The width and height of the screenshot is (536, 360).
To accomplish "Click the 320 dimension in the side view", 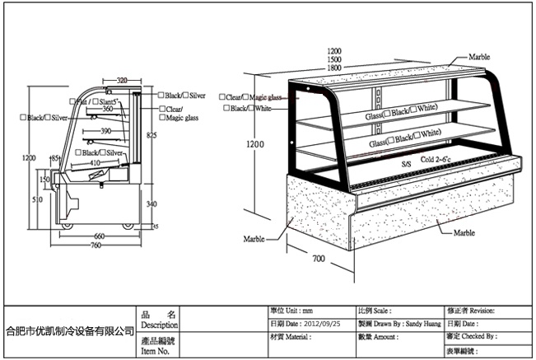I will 122,81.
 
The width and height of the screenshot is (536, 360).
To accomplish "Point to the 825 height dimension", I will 151,134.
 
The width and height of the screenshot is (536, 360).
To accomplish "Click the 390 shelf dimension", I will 105,131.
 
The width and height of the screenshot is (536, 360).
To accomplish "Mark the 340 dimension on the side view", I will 151,203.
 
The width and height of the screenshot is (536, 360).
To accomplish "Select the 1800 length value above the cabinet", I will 334,68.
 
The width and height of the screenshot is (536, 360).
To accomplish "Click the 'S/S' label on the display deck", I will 406,164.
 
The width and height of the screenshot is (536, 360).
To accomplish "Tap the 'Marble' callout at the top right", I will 479,57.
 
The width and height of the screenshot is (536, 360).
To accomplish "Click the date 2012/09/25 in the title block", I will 323,324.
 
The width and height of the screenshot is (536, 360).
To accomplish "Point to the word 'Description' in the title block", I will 160,325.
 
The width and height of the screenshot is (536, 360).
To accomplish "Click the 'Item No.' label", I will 156,351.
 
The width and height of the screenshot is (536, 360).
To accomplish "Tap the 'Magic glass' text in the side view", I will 181,118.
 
